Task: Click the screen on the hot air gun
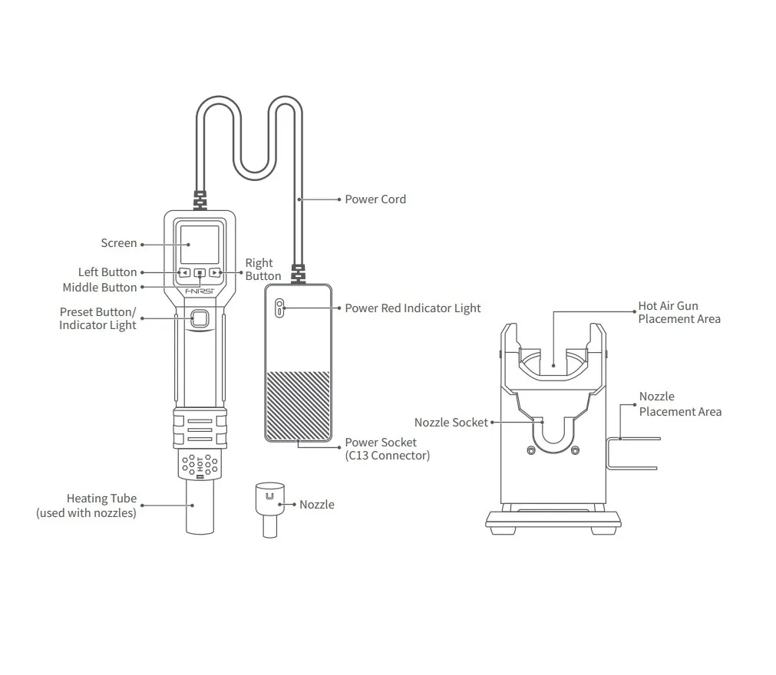[x=200, y=245]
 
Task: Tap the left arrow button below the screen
[x=184, y=272]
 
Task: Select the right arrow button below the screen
[x=215, y=272]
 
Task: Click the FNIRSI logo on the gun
[x=200, y=291]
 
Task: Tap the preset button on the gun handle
[x=200, y=319]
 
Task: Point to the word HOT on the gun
[x=200, y=463]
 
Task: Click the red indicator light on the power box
[x=280, y=308]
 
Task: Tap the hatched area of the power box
[x=298, y=405]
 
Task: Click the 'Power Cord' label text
[x=375, y=199]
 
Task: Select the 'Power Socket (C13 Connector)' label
[x=386, y=449]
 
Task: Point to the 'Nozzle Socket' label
[x=451, y=423]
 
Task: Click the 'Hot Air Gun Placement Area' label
[x=679, y=312]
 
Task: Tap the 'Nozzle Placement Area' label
[x=679, y=404]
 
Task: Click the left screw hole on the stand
[x=530, y=449]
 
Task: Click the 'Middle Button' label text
[x=100, y=288]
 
